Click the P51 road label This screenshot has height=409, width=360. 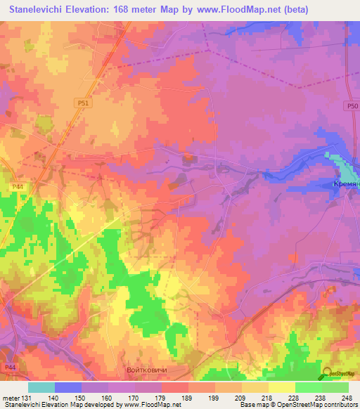coord(84,103)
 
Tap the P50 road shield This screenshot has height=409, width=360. coord(352,106)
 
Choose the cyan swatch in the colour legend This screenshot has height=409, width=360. coord(41,387)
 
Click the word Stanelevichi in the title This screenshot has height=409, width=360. coord(44,9)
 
